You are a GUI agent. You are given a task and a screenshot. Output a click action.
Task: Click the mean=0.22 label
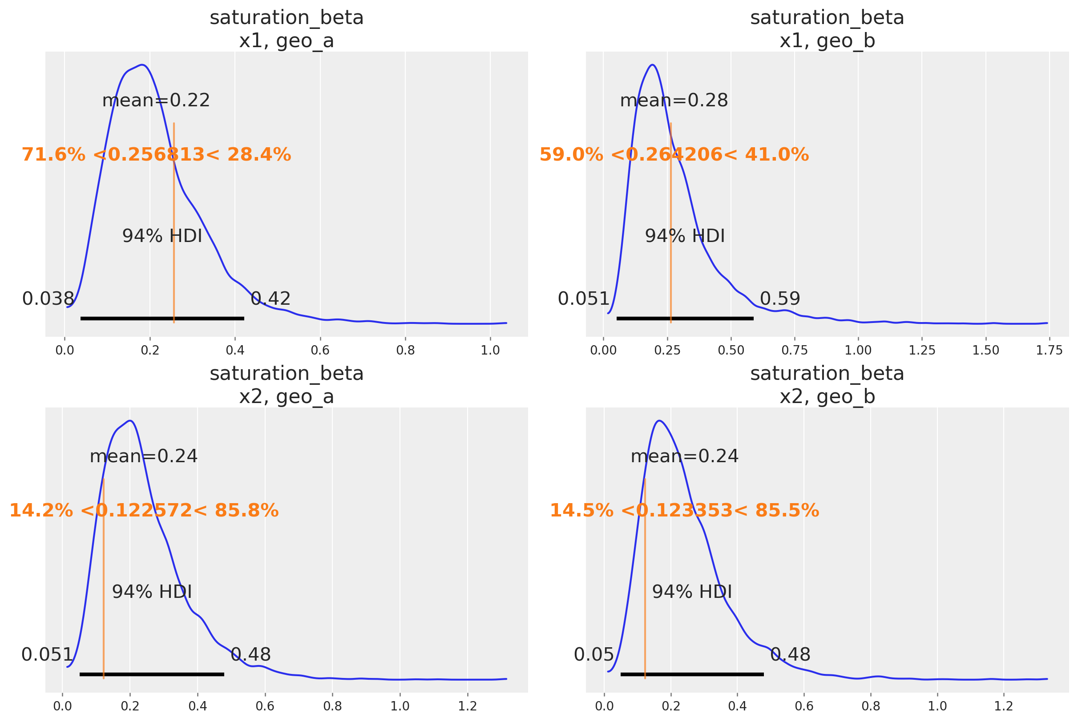156,101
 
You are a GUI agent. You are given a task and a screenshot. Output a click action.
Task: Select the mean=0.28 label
674,101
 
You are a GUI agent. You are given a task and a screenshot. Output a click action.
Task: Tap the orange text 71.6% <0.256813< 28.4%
156,155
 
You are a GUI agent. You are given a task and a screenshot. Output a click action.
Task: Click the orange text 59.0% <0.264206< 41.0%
674,155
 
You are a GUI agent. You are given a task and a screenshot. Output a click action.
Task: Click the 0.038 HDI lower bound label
48,299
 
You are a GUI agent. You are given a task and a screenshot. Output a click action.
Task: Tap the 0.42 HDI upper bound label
271,299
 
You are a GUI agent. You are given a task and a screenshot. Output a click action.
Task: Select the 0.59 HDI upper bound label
779,299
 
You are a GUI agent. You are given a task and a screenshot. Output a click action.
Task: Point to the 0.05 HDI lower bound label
594,655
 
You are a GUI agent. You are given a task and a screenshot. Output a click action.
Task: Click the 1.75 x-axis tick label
1049,351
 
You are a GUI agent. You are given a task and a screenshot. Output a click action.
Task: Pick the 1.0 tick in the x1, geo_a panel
490,351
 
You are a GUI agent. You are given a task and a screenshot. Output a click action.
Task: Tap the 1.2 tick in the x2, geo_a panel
468,706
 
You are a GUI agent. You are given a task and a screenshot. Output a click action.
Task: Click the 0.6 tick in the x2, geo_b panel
804,706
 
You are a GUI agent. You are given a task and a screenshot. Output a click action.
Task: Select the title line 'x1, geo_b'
827,41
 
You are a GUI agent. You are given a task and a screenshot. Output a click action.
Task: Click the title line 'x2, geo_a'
287,397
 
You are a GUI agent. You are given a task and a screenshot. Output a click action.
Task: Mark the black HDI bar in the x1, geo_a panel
162,319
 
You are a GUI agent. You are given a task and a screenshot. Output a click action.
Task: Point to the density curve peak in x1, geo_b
653,65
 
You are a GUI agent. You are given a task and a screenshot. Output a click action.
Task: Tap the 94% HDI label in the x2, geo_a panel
152,592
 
